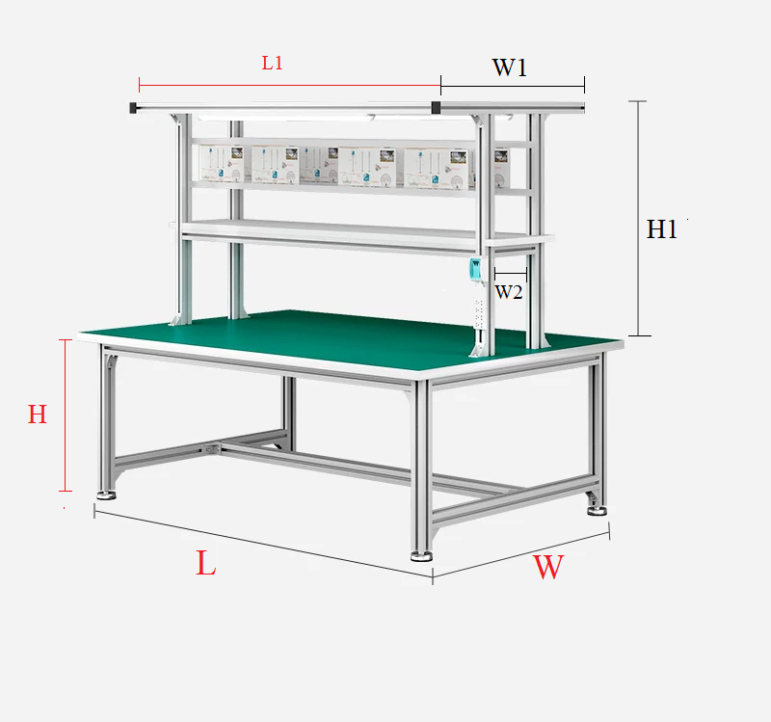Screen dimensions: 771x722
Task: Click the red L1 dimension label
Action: [x=272, y=63]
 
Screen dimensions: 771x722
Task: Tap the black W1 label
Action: [x=510, y=67]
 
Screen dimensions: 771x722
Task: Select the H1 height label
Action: [x=661, y=229]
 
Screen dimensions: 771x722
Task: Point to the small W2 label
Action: [x=509, y=292]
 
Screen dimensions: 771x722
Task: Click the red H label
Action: [x=38, y=414]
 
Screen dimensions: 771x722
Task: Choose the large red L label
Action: [x=206, y=563]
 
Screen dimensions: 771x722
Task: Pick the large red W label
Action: [x=548, y=567]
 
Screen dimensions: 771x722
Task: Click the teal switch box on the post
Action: [x=475, y=270]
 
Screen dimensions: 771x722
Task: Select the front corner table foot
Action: [x=421, y=556]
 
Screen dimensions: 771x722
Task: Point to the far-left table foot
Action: [x=106, y=495]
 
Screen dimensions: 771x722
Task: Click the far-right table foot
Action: [x=597, y=511]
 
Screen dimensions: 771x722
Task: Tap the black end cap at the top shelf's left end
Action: [x=133, y=108]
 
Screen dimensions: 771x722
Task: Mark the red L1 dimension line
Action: [x=290, y=85]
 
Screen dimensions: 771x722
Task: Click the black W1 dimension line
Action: [x=513, y=86]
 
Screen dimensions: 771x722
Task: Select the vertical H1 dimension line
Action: [x=638, y=219]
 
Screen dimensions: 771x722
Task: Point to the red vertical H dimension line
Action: [x=66, y=415]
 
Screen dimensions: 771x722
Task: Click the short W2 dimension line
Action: [x=511, y=274]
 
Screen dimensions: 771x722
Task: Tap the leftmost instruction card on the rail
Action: [x=223, y=164]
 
